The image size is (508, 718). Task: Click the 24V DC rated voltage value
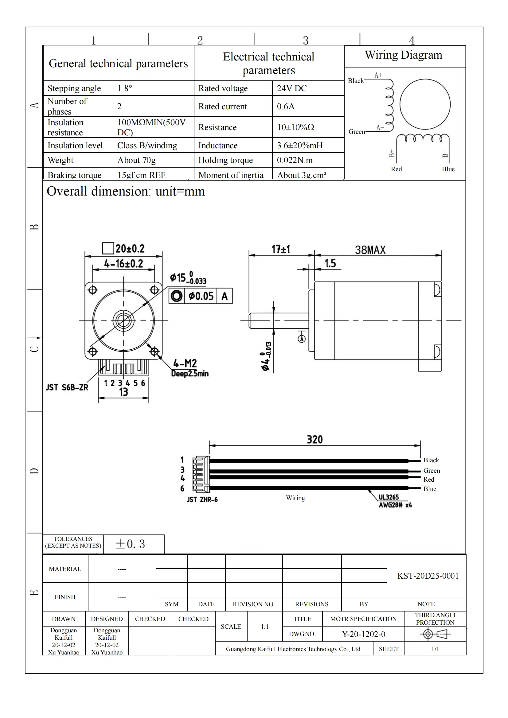291,88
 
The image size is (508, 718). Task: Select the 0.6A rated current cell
286,106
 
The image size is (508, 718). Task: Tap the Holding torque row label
225,160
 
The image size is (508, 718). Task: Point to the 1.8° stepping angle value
125,88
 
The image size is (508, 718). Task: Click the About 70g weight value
136,160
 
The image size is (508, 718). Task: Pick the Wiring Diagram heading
404,55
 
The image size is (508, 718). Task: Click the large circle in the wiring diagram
425,104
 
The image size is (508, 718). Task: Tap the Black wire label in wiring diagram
356,81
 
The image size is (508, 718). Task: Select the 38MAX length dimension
370,250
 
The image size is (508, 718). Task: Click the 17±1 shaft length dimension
281,249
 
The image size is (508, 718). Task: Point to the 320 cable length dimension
315,440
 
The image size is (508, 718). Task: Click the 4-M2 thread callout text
185,363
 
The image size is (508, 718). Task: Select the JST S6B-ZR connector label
67,387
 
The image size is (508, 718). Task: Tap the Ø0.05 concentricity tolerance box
201,296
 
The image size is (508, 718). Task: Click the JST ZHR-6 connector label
202,500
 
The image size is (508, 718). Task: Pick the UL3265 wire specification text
389,497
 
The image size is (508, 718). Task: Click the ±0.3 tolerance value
131,544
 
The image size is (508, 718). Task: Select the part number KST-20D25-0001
428,576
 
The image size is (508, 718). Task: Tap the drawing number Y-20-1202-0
363,634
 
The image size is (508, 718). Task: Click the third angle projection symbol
435,634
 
